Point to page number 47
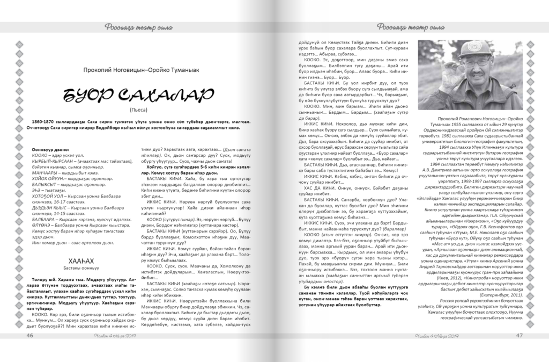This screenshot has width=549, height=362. click(519, 336)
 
